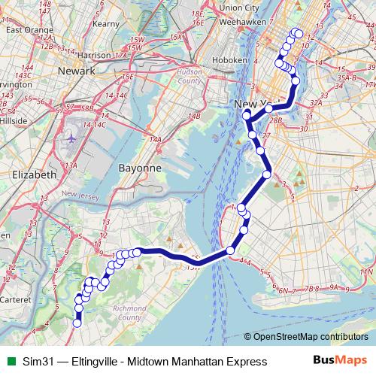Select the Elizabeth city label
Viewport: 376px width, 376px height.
point(31,174)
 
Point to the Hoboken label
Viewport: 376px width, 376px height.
point(229,59)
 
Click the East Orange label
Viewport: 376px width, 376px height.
point(23,30)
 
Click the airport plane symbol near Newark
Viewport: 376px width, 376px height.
point(71,138)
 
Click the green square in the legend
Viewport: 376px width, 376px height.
point(9,362)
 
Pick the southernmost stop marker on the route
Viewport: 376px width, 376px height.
point(76,324)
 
